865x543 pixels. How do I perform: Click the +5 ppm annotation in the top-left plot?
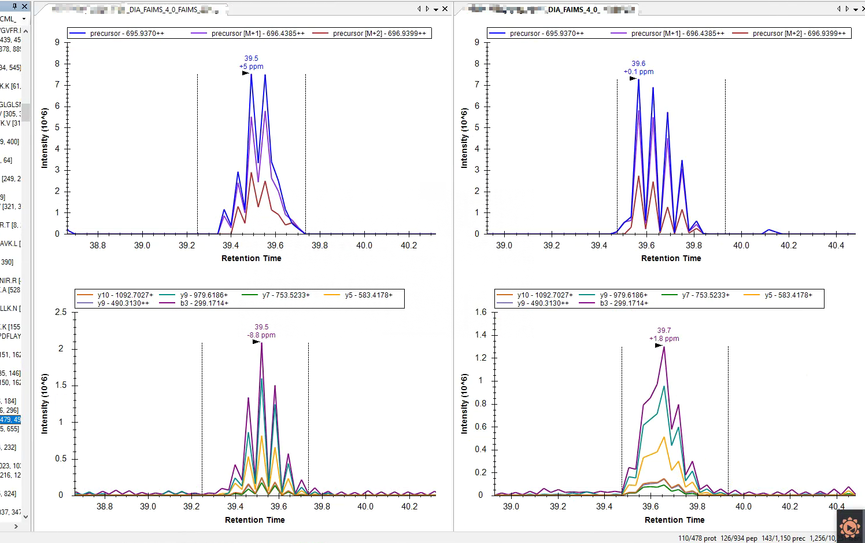click(x=252, y=67)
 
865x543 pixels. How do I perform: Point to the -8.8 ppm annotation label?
click(x=261, y=335)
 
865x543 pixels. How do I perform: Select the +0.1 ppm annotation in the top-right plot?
click(x=638, y=72)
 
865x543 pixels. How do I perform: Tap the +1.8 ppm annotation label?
click(x=664, y=339)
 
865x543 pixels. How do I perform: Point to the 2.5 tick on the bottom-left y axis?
click(x=61, y=312)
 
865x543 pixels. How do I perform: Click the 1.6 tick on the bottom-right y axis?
click(x=480, y=312)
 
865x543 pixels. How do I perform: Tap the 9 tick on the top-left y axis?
click(x=57, y=42)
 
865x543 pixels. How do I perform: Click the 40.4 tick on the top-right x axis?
click(x=836, y=245)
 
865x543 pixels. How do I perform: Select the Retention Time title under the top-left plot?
click(x=251, y=258)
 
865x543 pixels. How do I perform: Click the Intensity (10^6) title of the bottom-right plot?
click(x=464, y=403)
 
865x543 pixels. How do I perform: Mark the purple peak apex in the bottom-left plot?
click(x=261, y=343)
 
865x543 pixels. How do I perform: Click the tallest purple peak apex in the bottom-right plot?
click(x=664, y=347)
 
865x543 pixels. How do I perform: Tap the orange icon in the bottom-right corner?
click(x=849, y=527)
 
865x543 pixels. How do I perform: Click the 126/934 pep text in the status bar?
click(x=738, y=538)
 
